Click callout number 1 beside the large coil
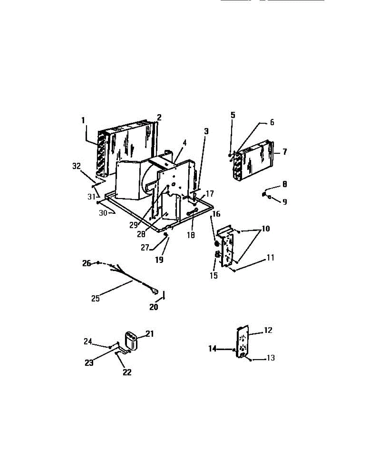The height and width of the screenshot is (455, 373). [83, 120]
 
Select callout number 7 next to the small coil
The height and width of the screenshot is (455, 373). [284, 152]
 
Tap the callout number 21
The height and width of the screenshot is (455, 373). [150, 334]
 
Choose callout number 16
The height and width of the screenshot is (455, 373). [216, 214]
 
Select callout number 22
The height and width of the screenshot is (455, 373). [127, 372]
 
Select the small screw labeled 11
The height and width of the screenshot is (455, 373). [235, 270]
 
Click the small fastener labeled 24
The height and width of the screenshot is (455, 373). [110, 347]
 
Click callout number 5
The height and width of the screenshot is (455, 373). [233, 115]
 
